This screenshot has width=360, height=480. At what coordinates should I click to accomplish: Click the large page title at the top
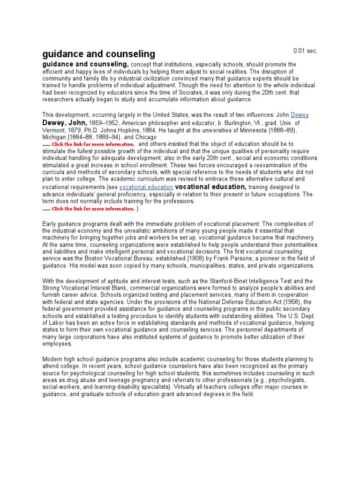point(98,53)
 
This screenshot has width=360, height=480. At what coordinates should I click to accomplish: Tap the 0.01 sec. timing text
point(305,51)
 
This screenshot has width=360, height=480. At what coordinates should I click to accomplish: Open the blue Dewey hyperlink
point(300,115)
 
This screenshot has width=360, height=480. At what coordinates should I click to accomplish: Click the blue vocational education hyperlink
point(146,187)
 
